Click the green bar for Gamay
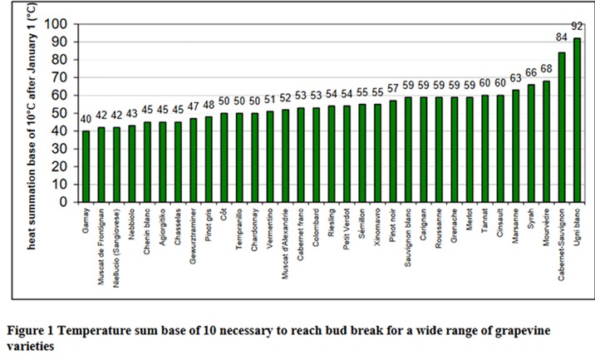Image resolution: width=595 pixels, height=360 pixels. point(86,165)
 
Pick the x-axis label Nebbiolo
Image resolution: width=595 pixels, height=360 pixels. point(132,228)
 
